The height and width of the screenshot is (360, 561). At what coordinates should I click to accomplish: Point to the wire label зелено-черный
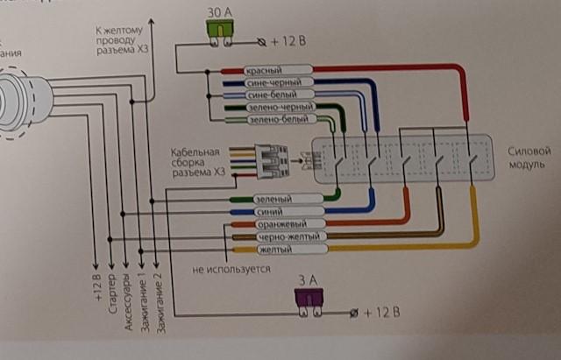[274, 107]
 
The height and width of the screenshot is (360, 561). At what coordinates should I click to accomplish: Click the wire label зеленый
[275, 200]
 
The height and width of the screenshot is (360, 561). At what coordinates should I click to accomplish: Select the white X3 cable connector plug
[273, 161]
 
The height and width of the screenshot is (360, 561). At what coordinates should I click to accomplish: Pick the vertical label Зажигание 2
[159, 307]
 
